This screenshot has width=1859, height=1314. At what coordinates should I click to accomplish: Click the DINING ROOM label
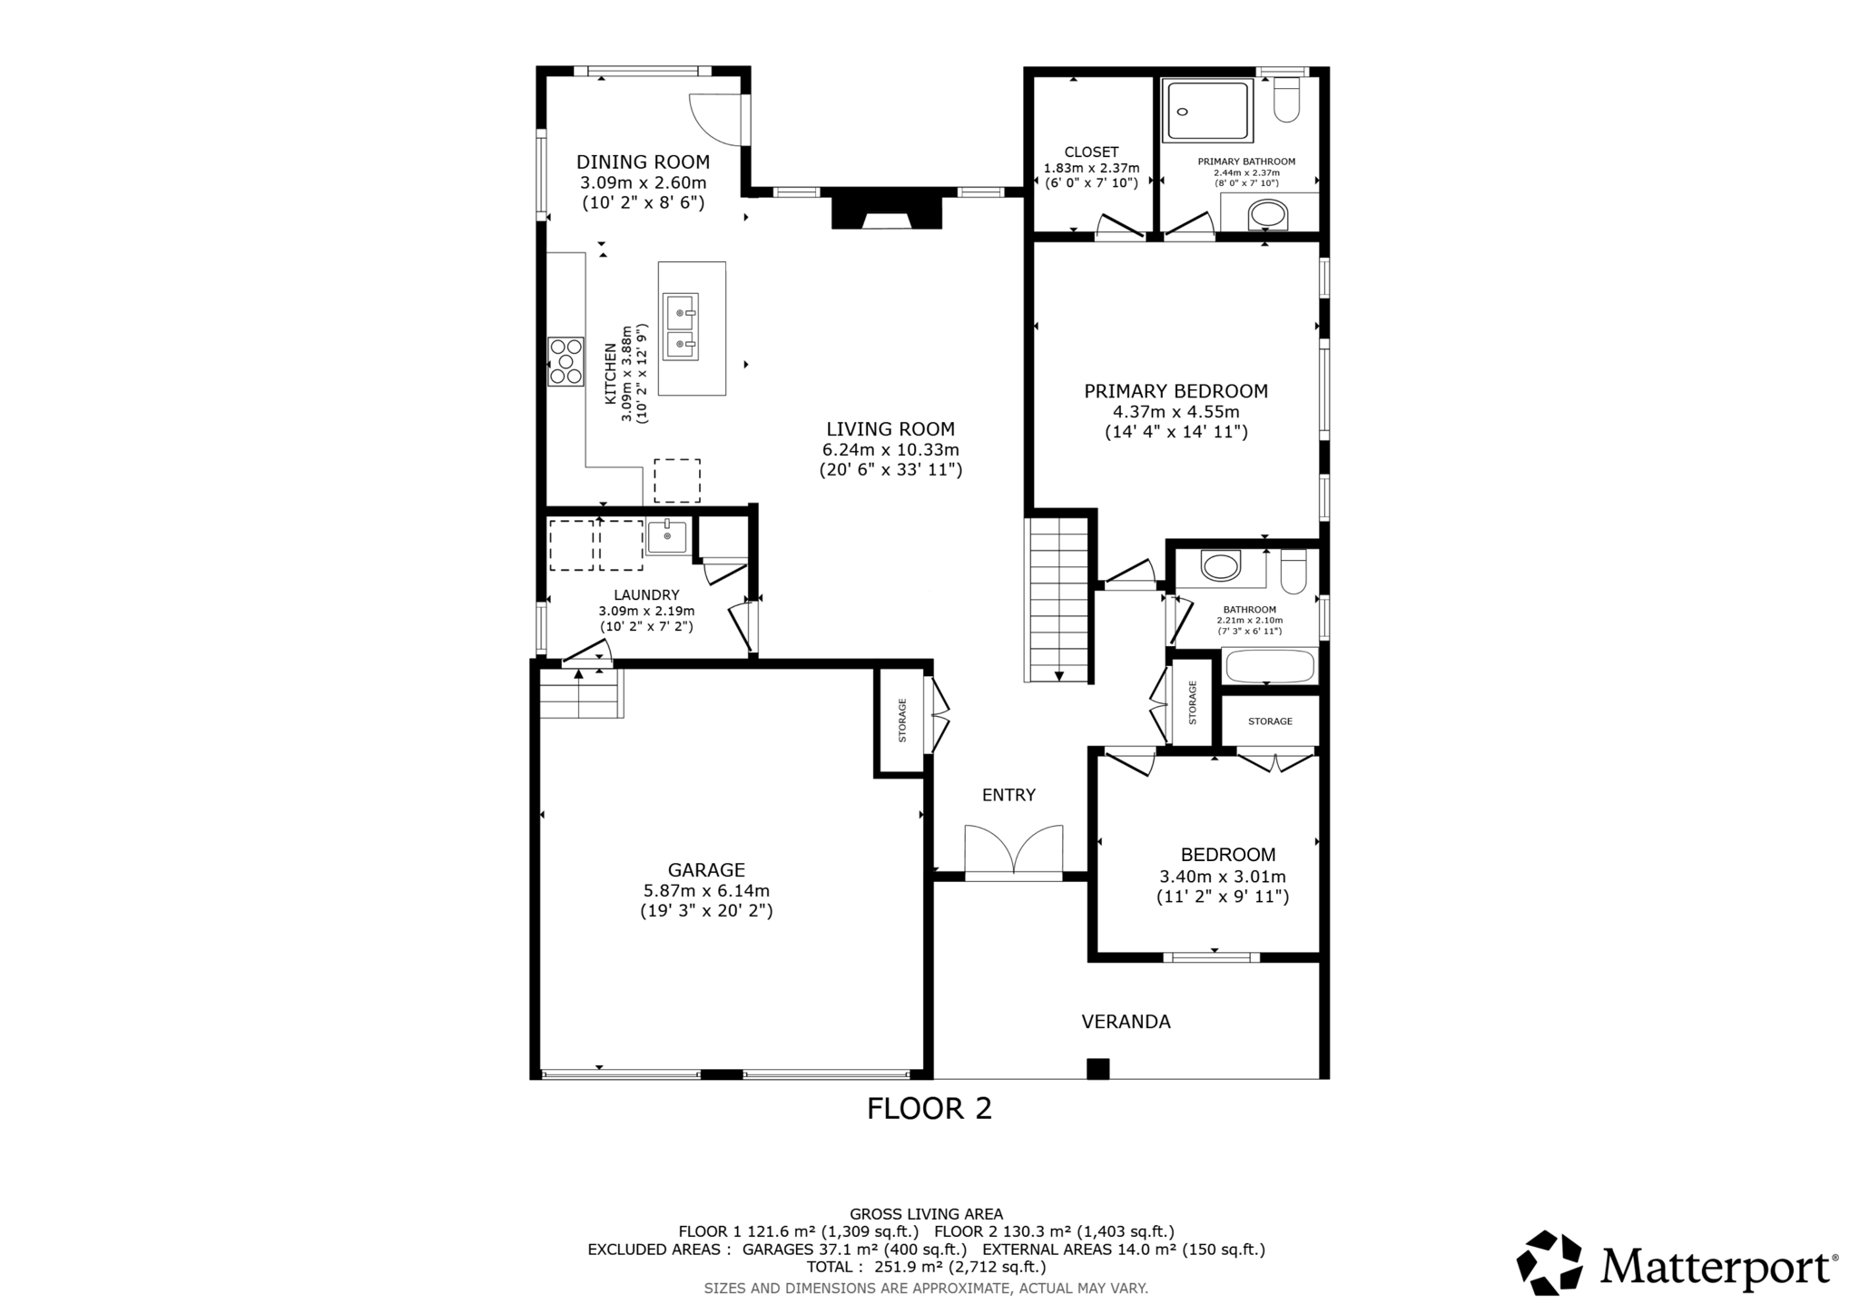pos(643,162)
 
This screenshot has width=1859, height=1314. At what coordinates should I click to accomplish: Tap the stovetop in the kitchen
pos(566,361)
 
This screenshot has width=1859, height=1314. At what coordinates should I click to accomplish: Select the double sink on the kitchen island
pos(681,327)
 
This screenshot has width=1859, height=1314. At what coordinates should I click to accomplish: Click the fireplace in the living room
pos(887,212)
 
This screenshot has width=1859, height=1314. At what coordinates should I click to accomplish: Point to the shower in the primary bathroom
pos(1207,111)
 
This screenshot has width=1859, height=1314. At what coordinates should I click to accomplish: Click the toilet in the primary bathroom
pos(1286,101)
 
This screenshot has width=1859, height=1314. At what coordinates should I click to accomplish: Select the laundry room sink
pos(667,536)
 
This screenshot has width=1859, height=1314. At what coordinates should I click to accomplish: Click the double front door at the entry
pos(1013,853)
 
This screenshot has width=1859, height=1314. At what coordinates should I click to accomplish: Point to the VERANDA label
pos(1126,1022)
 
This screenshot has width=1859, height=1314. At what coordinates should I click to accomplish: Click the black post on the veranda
pos(1097,1068)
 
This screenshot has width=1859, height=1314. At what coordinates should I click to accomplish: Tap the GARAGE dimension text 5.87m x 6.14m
pos(706,891)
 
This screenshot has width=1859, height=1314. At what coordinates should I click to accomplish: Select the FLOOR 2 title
pos(929,1109)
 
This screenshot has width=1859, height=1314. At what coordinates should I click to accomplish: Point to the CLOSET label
pos(1091,152)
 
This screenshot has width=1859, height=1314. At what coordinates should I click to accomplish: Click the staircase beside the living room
pos(1057,599)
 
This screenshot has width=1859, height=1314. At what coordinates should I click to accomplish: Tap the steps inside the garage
pos(581,693)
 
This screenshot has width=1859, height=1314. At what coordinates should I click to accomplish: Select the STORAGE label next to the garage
pos(902,721)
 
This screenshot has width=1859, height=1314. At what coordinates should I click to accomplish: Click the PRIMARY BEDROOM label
pos(1175,391)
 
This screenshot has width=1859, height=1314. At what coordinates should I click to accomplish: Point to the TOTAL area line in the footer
pos(926,1267)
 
